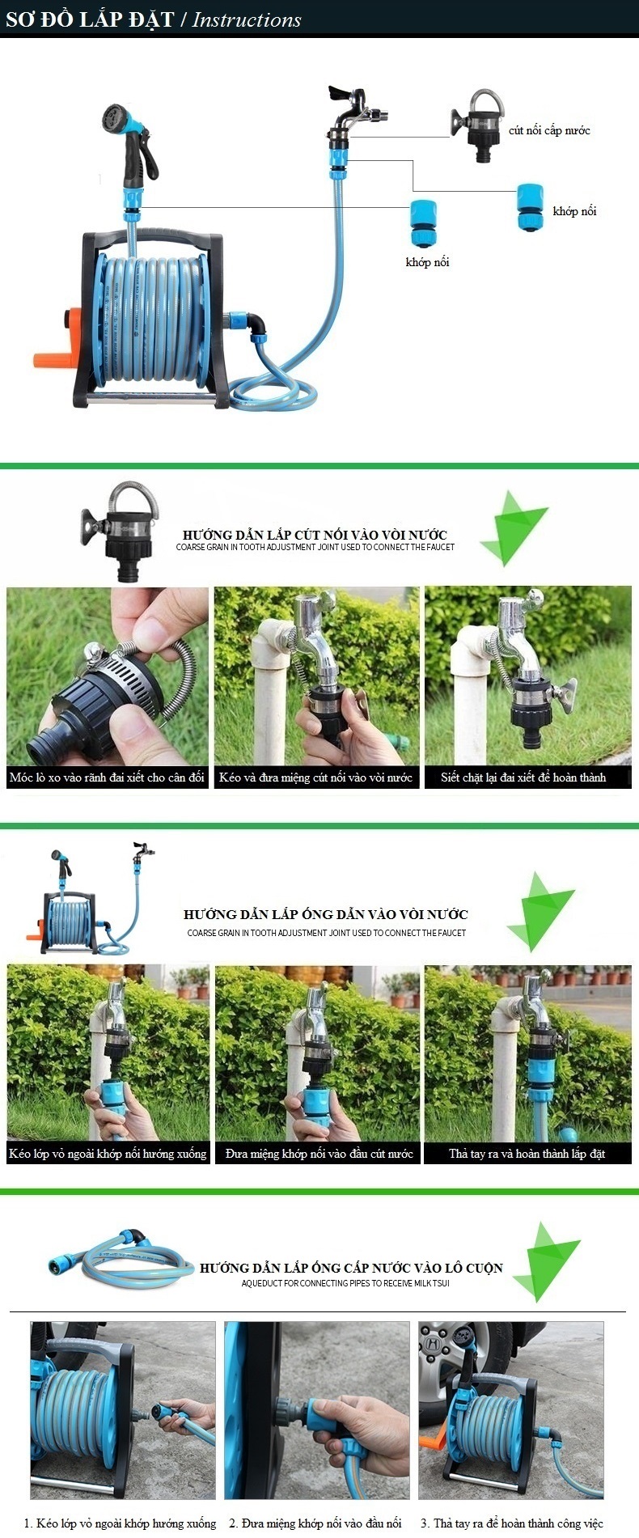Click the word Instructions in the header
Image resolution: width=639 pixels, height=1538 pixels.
[247, 20]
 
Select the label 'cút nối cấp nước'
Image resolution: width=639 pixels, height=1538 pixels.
[549, 130]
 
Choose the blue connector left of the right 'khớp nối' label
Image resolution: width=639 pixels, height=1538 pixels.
[531, 207]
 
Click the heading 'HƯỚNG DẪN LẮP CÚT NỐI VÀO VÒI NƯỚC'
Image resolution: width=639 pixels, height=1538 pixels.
[315, 535]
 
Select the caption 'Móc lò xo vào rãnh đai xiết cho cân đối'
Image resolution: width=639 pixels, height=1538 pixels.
[107, 777]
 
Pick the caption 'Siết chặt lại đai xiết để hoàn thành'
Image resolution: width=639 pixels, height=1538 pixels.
[523, 777]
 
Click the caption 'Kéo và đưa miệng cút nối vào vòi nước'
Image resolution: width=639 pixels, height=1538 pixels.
[315, 777]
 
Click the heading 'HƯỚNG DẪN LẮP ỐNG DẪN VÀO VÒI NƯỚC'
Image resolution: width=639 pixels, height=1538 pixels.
[326, 914]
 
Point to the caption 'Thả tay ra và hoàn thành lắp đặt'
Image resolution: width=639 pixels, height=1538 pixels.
[527, 1154]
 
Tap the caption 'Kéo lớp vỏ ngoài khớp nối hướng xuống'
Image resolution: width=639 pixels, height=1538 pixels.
[108, 1154]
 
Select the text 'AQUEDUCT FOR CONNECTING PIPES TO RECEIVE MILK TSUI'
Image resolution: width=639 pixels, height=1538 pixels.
[345, 1283]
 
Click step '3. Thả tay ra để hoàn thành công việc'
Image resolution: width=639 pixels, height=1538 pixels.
[512, 1523]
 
